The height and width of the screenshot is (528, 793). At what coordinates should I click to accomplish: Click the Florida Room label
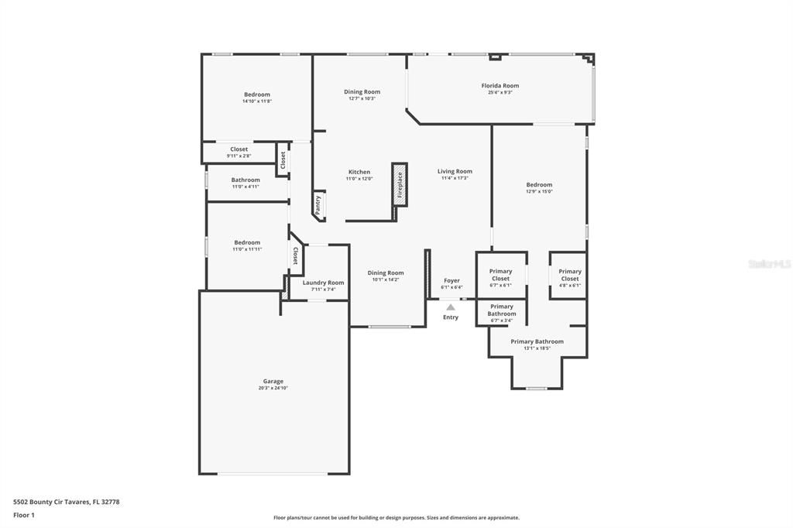499,86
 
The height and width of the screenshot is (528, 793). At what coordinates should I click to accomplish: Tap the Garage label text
273,381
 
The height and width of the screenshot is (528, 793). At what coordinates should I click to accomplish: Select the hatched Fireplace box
400,186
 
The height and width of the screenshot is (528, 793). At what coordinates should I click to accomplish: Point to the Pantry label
318,204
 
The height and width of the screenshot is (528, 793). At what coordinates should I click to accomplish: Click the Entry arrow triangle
451,307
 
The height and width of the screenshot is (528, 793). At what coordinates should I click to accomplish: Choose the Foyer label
451,280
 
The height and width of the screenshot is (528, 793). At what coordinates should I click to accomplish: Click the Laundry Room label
323,283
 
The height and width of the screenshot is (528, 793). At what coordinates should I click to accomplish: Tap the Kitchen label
359,172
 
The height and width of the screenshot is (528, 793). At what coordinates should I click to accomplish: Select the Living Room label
455,171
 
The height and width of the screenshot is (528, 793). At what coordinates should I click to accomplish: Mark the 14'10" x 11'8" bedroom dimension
257,101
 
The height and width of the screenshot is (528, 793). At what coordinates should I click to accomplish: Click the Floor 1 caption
24,515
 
